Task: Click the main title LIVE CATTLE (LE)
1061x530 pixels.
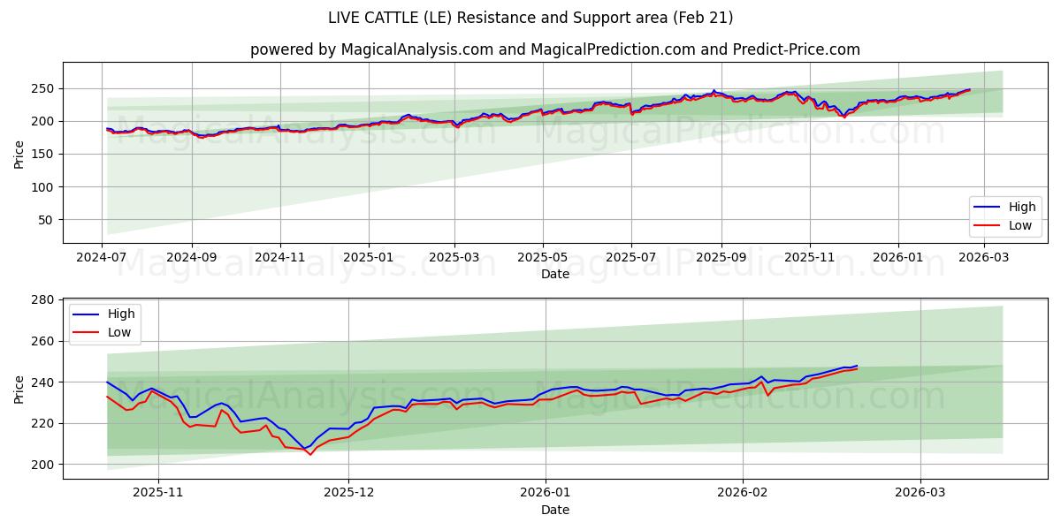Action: (530, 18)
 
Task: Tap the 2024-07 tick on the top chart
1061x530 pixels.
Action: (102, 258)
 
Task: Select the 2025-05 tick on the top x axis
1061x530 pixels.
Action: (542, 258)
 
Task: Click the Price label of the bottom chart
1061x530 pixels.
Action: (19, 389)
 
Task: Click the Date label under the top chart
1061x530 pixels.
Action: (554, 275)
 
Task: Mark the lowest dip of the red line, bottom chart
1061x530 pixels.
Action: (309, 454)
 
